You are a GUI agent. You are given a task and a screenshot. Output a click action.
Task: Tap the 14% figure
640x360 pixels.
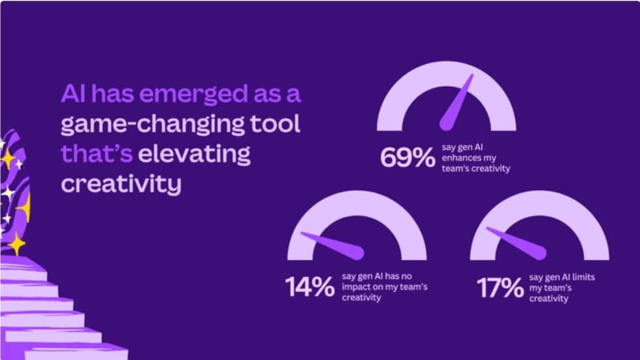(x=310, y=287)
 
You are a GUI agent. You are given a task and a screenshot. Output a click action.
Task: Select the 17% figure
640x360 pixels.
(x=500, y=287)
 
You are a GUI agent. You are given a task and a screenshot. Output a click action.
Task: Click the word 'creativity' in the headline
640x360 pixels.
(x=121, y=184)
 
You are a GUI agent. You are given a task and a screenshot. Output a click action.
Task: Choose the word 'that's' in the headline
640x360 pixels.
(x=97, y=154)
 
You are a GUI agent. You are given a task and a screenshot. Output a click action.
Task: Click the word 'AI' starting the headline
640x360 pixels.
(x=74, y=95)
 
